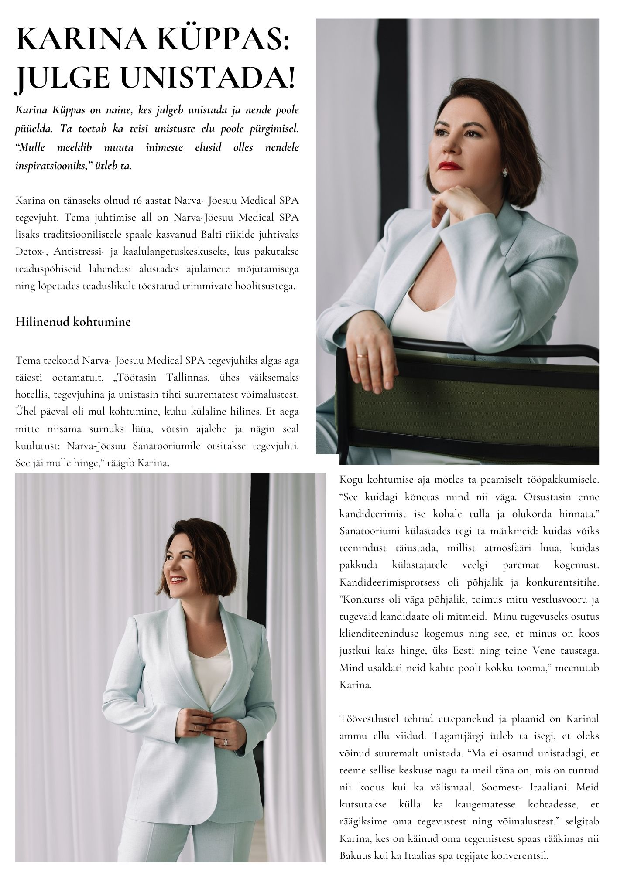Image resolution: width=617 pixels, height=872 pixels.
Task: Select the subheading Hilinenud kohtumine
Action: point(73,322)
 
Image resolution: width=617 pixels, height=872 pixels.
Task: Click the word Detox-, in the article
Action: point(31,252)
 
